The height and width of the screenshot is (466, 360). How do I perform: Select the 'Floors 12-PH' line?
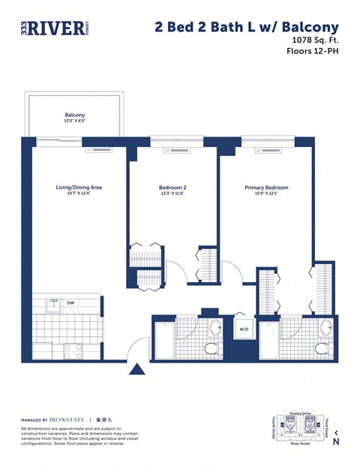click(x=312, y=52)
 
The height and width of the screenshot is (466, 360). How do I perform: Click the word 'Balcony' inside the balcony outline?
click(x=74, y=115)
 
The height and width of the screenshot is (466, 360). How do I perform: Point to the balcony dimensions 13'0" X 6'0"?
click(x=74, y=122)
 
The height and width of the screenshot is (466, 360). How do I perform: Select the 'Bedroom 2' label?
click(x=172, y=188)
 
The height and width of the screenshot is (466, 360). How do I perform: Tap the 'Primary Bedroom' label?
click(x=266, y=188)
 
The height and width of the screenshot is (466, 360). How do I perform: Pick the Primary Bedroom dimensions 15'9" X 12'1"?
click(x=266, y=194)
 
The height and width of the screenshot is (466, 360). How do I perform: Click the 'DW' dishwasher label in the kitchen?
click(x=70, y=303)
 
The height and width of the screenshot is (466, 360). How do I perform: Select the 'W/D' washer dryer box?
click(x=244, y=329)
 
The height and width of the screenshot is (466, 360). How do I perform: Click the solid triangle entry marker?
click(x=136, y=368)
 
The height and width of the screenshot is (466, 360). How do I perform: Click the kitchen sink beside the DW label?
click(x=52, y=305)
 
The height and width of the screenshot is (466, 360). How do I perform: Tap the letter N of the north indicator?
click(x=336, y=442)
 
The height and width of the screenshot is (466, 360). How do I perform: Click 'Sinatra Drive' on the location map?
click(x=301, y=413)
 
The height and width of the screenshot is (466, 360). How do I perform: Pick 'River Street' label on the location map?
click(x=301, y=444)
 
